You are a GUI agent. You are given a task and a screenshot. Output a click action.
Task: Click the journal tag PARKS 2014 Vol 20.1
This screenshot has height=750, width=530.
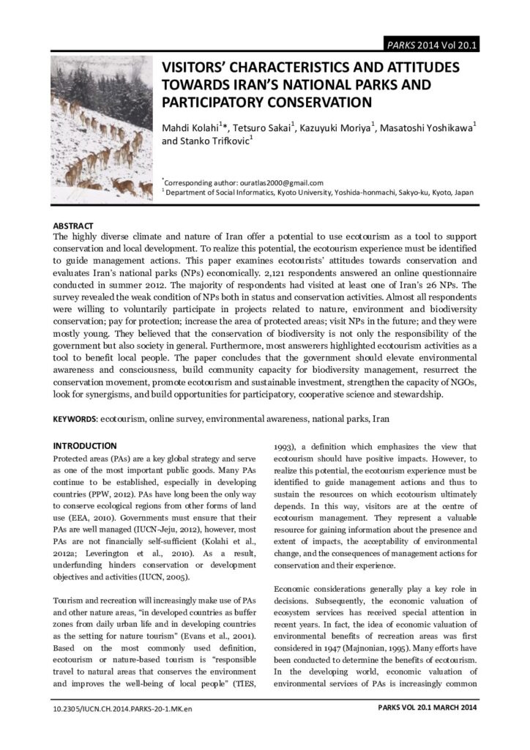coord(433,45)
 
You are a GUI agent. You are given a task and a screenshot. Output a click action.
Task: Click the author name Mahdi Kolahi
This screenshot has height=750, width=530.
coord(195,129)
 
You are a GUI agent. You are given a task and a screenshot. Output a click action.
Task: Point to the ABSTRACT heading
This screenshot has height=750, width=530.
coord(73,226)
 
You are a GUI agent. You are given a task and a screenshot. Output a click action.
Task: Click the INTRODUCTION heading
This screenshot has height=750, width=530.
coord(85,445)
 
